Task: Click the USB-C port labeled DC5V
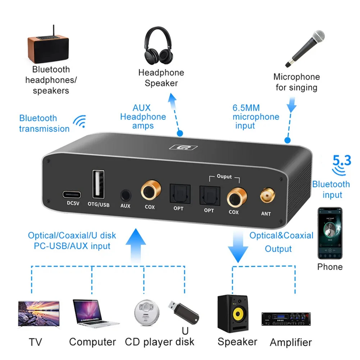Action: pos(72,195)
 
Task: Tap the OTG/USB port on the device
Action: pos(98,184)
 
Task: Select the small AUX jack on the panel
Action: pos(126,196)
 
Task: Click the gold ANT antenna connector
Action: pos(267,196)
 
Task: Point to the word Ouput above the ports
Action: pos(224,176)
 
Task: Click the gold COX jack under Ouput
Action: pos(237,197)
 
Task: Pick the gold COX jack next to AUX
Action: pos(151,190)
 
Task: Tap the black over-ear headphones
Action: pos(158,46)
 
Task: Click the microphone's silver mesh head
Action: pos(318,37)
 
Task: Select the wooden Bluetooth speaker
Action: pos(48,46)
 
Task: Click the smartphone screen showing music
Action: pos(330,233)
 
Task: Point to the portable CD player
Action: pos(146,312)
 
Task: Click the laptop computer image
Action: pos(94,313)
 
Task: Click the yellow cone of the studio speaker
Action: pos(238,314)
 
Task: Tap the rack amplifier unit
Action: pos(286,319)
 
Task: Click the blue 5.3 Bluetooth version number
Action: pos(342,160)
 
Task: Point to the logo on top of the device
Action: pos(183,147)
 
